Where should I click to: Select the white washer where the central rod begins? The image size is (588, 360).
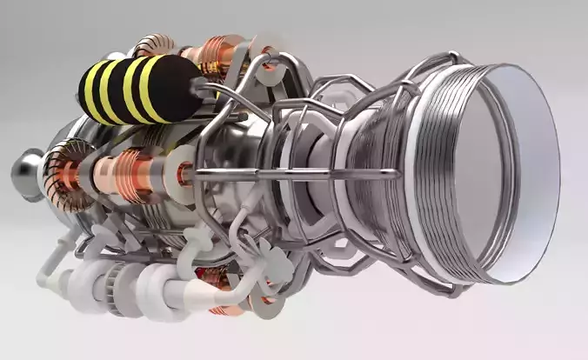click(184, 173)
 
